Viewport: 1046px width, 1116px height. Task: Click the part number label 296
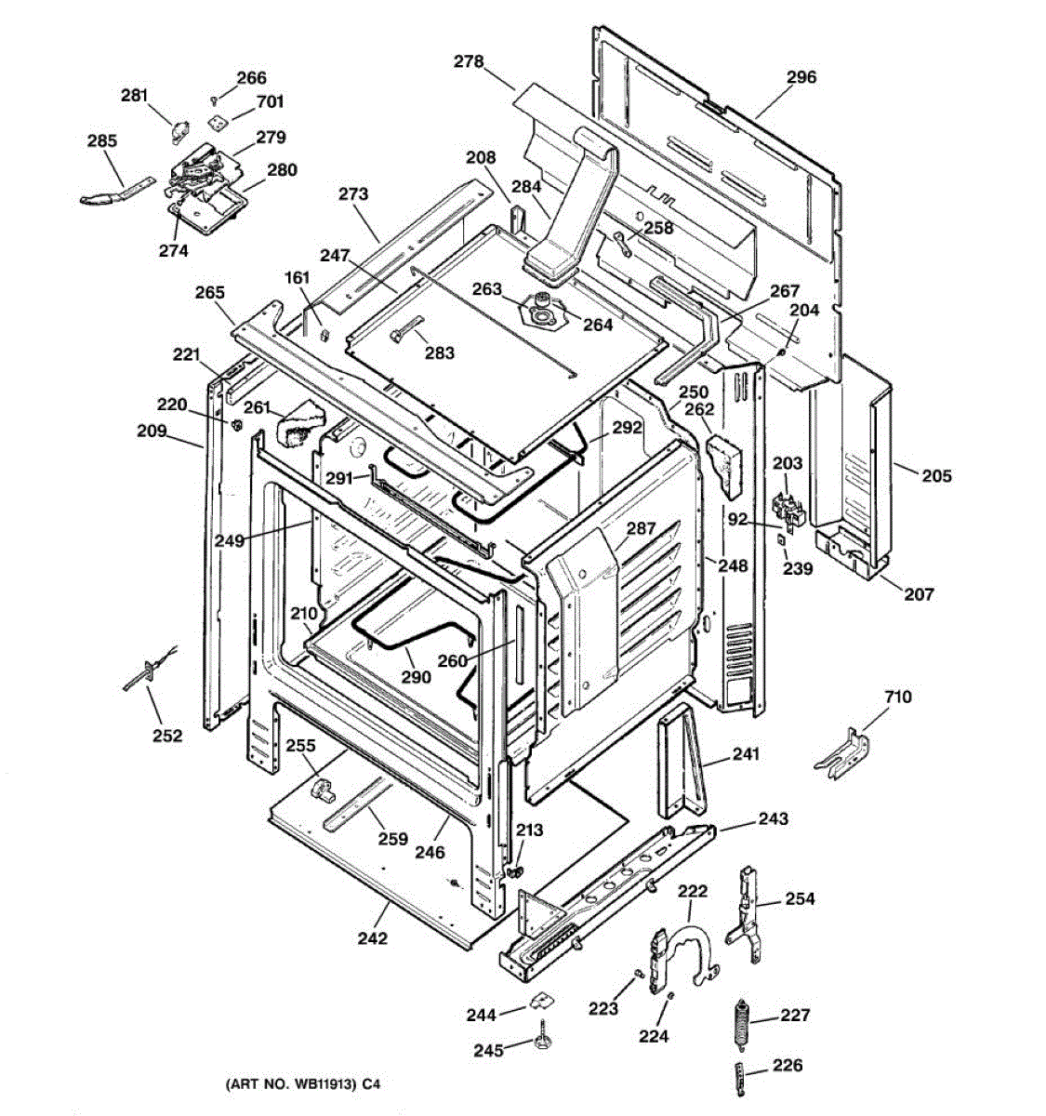click(801, 77)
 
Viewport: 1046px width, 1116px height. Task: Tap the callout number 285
click(102, 141)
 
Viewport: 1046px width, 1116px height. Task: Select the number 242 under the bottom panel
click(372, 938)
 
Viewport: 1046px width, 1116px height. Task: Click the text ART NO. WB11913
click(290, 1084)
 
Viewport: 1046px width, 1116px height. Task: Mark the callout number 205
click(936, 476)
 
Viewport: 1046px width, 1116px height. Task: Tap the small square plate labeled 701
click(218, 120)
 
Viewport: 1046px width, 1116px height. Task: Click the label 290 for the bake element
click(416, 677)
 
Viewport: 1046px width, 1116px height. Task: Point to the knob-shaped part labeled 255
click(322, 790)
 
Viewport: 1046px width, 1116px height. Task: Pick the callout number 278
click(469, 61)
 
